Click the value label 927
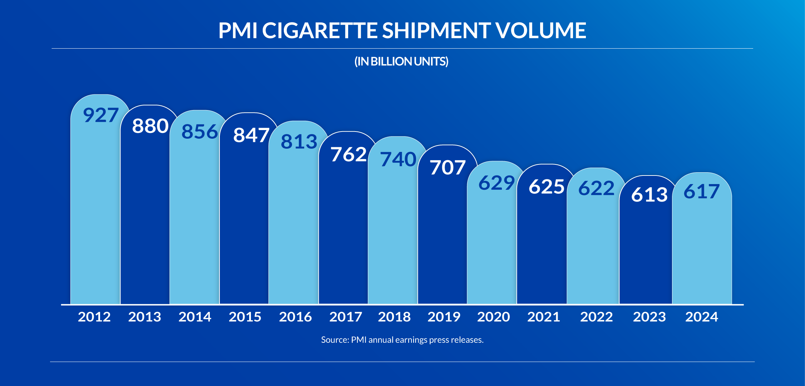(100, 115)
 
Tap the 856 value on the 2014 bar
(199, 132)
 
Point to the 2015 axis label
(245, 317)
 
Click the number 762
(349, 155)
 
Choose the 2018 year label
(394, 317)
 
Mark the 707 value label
(448, 168)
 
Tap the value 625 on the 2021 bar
(547, 187)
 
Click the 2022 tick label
(596, 317)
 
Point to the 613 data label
(649, 195)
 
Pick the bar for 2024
(702, 250)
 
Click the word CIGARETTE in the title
(320, 30)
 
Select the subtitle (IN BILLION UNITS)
(401, 61)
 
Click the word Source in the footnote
(334, 340)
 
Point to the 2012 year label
(94, 317)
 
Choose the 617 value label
(701, 192)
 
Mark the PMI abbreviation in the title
(238, 30)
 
